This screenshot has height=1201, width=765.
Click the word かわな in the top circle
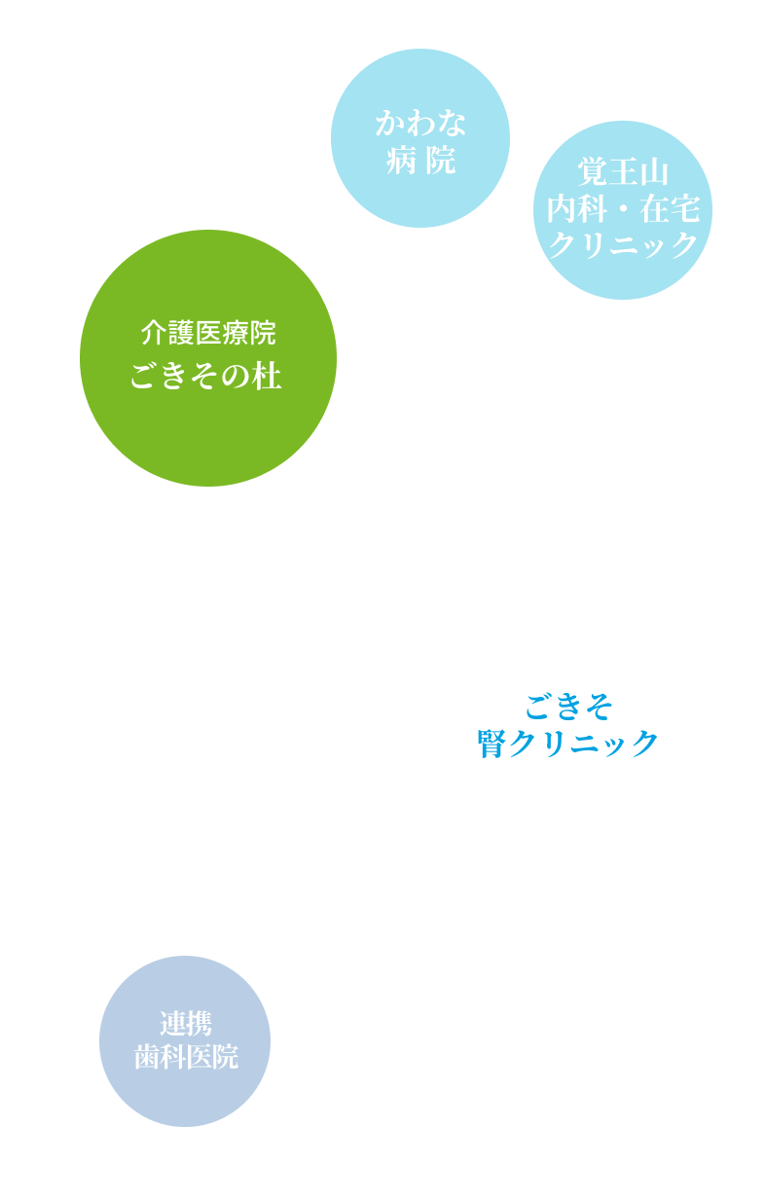(x=420, y=124)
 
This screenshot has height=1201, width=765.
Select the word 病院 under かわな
(x=420, y=160)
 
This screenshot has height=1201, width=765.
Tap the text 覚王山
(x=623, y=173)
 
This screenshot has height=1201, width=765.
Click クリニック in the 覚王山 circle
(x=623, y=244)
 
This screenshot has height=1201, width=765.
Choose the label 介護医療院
(x=208, y=333)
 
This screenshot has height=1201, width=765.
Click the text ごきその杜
(x=206, y=377)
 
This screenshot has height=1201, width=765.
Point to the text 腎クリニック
(x=568, y=744)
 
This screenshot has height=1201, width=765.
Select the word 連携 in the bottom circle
(x=186, y=1023)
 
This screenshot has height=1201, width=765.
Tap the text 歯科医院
(x=186, y=1057)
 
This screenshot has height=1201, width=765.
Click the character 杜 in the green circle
(x=268, y=377)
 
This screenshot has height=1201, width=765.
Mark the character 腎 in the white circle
(x=491, y=744)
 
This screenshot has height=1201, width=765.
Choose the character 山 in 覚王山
(x=654, y=173)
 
